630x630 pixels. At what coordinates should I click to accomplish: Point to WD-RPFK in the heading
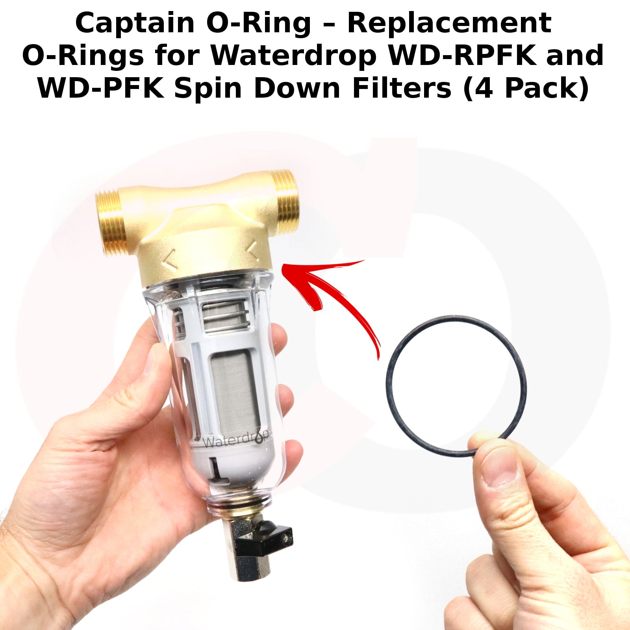point(462,56)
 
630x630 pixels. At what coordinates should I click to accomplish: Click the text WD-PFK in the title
point(101,88)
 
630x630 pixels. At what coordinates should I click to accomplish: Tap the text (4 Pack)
point(526,89)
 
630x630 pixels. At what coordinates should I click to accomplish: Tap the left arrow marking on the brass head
point(171,260)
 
